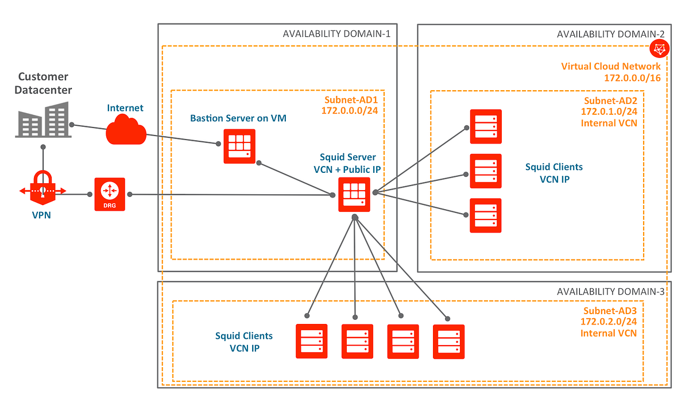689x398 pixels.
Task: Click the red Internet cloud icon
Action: [126, 130]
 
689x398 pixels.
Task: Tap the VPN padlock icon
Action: [42, 187]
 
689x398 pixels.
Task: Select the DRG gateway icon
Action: [109, 194]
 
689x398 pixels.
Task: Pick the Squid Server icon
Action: [354, 194]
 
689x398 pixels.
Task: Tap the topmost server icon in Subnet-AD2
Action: [485, 126]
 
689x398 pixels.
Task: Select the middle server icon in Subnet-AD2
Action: [485, 171]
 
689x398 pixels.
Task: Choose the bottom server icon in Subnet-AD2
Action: [485, 215]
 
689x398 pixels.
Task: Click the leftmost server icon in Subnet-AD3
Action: [311, 341]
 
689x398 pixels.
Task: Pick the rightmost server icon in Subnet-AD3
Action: [448, 341]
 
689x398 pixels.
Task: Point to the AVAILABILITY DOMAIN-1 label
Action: [336, 34]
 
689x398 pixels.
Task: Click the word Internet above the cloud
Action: [125, 107]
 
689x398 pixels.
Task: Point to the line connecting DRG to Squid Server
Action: [230, 195]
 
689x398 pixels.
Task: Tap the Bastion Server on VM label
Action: [238, 118]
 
